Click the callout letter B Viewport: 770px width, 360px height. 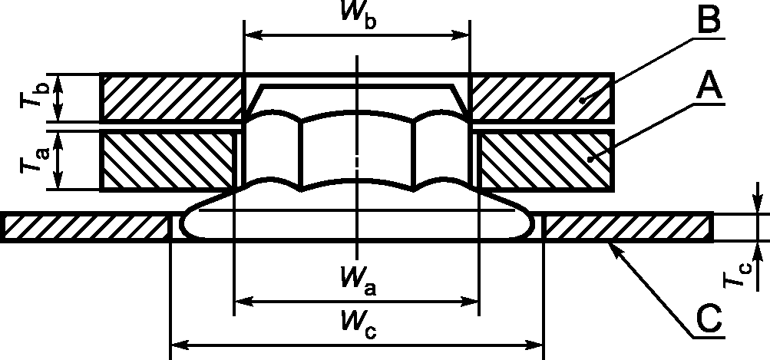click(x=707, y=19)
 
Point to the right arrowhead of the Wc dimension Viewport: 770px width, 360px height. click(x=534, y=345)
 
